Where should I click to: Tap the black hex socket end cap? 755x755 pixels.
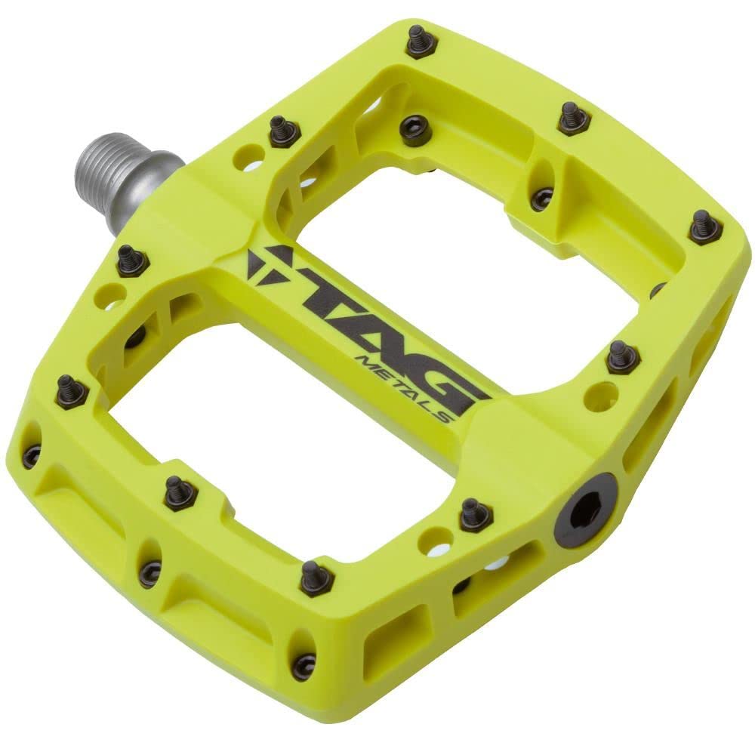pyautogui.click(x=585, y=511)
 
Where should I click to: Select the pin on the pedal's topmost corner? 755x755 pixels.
pyautogui.click(x=421, y=42)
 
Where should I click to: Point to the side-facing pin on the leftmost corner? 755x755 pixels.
pyautogui.click(x=32, y=455)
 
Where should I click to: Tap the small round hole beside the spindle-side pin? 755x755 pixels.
pyautogui.click(x=246, y=158)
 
